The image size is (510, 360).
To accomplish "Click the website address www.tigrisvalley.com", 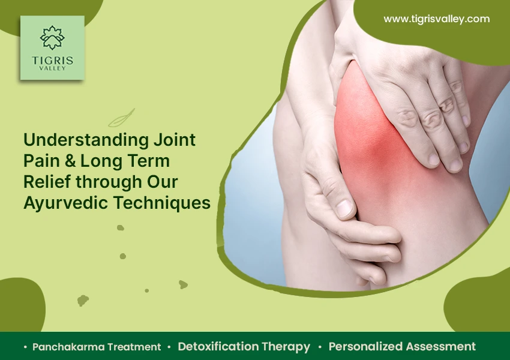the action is [436, 19].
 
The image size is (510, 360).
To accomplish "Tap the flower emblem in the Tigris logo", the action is [52, 38].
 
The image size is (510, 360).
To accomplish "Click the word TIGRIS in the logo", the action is [53, 61].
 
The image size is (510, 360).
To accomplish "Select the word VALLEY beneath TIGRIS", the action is [52, 68].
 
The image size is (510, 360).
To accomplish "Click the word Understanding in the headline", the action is [86, 140].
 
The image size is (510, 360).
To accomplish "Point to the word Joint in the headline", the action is [175, 140].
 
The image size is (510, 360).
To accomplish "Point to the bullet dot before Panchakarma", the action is [25, 347].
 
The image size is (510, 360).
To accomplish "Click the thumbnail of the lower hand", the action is [344, 208].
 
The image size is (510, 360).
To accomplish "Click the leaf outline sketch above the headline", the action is [122, 118].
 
